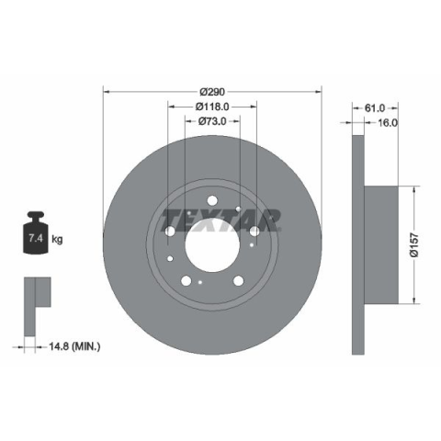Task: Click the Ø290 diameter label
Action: tap(212, 92)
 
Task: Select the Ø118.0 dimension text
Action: tap(212, 107)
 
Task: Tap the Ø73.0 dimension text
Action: tap(212, 121)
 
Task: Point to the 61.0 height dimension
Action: tap(375, 107)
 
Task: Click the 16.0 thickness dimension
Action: tap(388, 122)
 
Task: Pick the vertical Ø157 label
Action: tap(414, 245)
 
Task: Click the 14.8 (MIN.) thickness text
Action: tap(74, 346)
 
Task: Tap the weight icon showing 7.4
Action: tap(36, 232)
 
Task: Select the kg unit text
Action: tap(57, 239)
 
